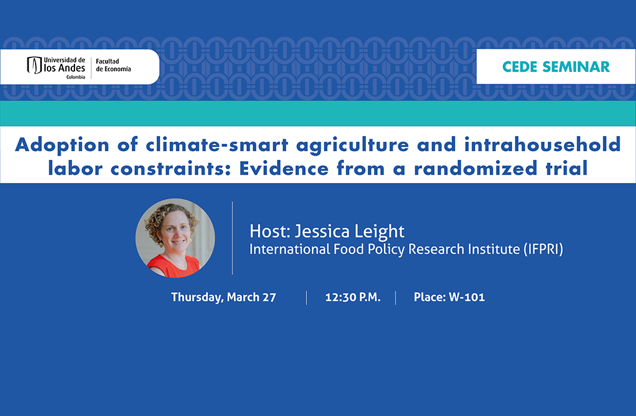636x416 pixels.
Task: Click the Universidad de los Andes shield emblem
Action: point(34,65)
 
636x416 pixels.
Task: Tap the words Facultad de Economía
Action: point(113,65)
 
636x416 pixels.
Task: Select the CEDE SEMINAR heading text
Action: point(556,67)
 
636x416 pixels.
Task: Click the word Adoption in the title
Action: point(62,146)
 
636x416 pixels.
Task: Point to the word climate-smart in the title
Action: point(217,146)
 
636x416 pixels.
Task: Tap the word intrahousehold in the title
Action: point(542,145)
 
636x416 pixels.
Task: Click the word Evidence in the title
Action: point(283,169)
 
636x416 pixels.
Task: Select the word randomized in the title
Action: point(475,169)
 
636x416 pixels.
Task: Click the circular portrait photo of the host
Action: point(175,238)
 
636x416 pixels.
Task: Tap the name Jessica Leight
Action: point(349,232)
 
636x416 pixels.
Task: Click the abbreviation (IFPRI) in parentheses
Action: point(543,249)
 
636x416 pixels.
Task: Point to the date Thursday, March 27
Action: point(223,297)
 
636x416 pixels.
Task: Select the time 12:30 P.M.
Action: point(353,297)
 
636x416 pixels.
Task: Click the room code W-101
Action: point(467,297)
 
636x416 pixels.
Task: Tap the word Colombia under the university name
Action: point(76,77)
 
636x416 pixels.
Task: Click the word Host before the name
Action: point(270,231)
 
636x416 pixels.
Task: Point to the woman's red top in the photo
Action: point(174,267)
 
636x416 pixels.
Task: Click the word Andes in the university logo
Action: point(71,68)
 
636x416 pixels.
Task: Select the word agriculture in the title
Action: point(353,146)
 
